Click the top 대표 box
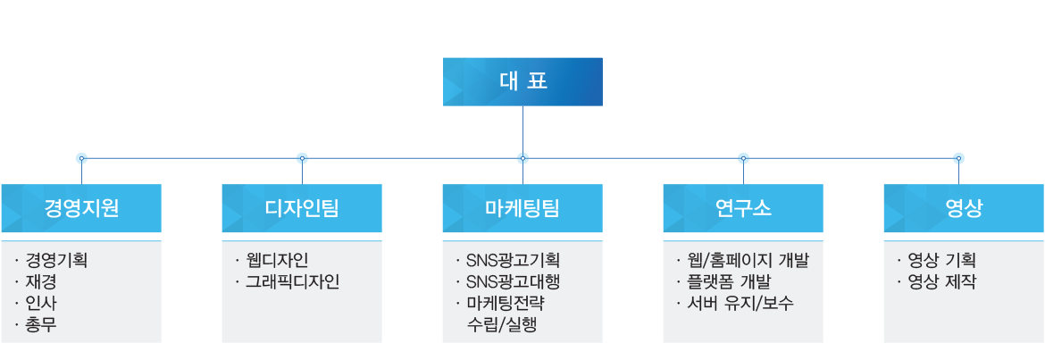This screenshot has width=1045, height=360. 522,82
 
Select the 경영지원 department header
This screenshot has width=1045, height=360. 81,209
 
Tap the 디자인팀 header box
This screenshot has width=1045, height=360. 302,209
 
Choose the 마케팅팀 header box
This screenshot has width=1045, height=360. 522,209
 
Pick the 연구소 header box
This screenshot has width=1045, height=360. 743,209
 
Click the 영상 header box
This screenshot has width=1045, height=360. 963,209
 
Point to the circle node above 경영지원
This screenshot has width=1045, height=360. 81,158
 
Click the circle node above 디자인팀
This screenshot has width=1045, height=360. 302,158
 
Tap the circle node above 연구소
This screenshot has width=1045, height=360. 743,158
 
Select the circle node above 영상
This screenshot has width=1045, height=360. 958,158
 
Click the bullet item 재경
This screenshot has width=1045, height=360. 42,282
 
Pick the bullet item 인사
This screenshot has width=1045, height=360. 42,304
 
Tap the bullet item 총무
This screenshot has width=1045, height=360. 42,325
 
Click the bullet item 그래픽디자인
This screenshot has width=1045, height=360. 292,282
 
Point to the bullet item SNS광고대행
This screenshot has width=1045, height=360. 506,282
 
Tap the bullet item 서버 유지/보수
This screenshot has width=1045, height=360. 740,304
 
